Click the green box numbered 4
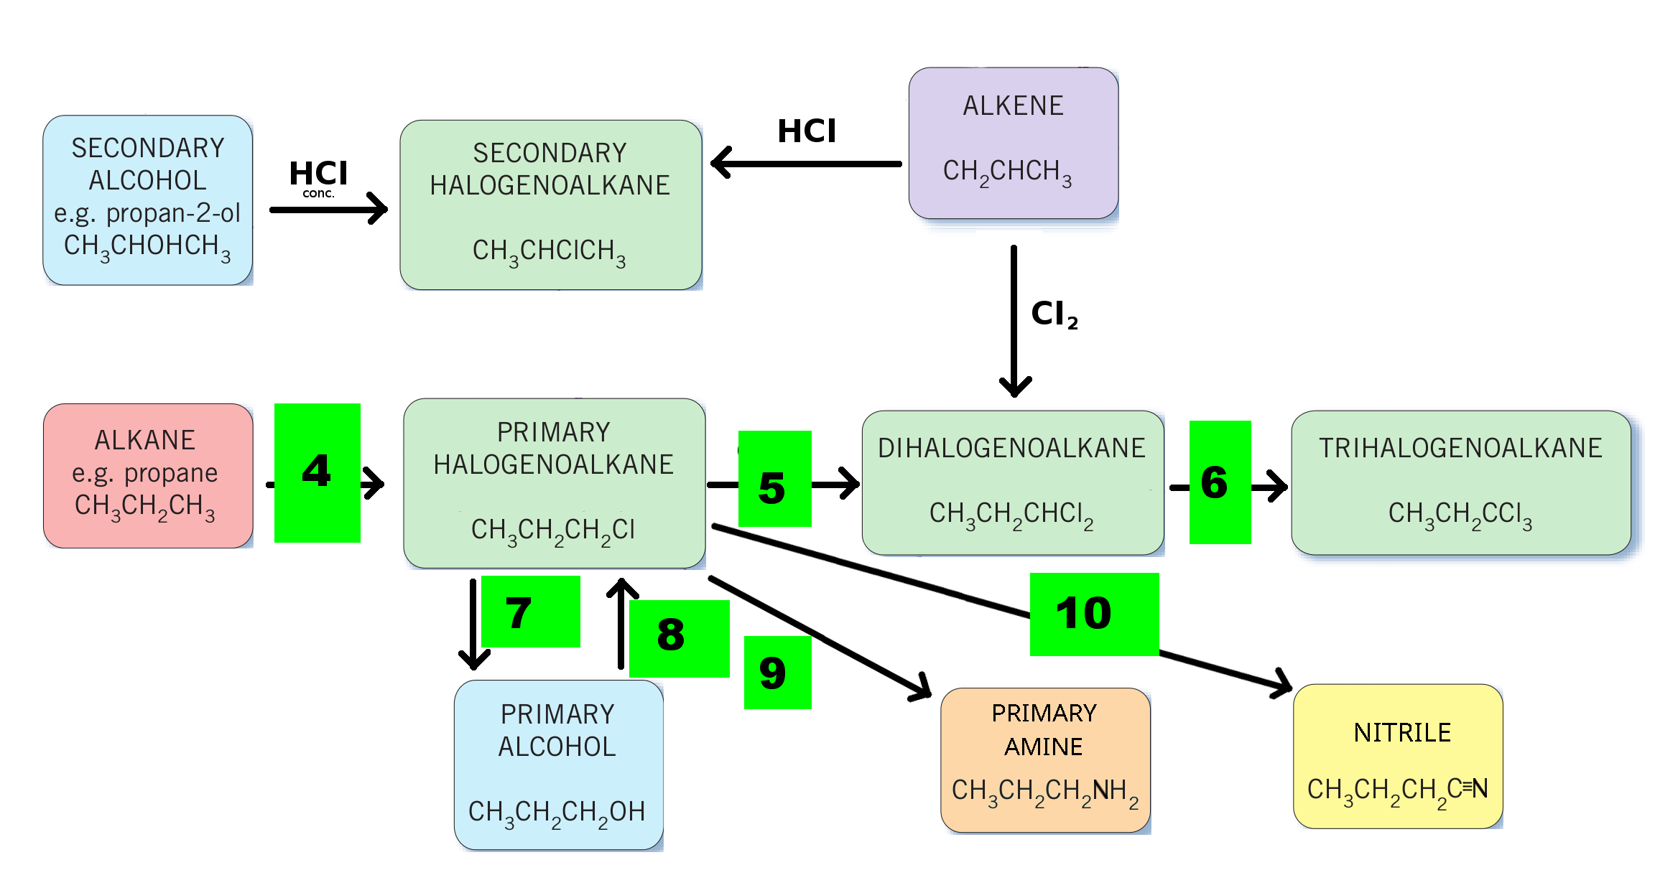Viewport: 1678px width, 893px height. click(x=317, y=472)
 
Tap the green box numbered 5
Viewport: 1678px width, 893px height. click(x=774, y=478)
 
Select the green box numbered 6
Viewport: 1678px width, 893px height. click(x=1220, y=482)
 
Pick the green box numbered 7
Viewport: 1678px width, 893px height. click(x=530, y=611)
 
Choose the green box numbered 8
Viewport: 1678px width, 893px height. click(x=679, y=638)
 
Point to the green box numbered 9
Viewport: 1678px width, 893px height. click(x=777, y=672)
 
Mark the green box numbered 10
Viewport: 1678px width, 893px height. click(x=1094, y=614)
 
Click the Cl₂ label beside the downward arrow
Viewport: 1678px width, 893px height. click(x=1054, y=314)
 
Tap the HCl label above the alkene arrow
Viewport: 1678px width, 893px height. click(x=807, y=131)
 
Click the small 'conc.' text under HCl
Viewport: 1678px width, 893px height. click(x=318, y=193)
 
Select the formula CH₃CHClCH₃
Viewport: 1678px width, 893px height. click(x=549, y=252)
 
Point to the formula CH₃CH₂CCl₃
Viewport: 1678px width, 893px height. click(x=1460, y=515)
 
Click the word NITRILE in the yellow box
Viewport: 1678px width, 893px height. click(x=1402, y=732)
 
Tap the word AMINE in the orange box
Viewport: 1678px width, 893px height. click(x=1043, y=747)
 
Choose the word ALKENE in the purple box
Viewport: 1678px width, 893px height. click(x=1013, y=106)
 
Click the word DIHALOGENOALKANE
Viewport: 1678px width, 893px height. click(x=1011, y=448)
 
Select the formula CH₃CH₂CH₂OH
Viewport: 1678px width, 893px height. click(x=557, y=813)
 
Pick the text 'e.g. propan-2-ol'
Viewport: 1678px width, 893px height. click(x=147, y=213)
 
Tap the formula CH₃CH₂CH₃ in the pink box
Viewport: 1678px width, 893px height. click(x=144, y=507)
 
